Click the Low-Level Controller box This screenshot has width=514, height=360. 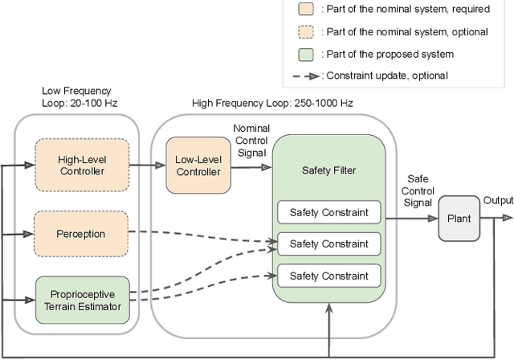(x=198, y=165)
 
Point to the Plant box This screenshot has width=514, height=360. (x=458, y=217)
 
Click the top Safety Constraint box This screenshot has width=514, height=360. (x=328, y=212)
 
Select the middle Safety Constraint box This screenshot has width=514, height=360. (x=328, y=243)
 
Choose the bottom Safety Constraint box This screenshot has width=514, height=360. (x=328, y=276)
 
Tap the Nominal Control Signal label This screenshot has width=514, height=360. (x=251, y=140)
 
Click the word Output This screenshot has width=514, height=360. (x=498, y=200)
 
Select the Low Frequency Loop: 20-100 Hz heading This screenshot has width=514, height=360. (x=76, y=96)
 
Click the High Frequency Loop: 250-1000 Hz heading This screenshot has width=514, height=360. (x=272, y=104)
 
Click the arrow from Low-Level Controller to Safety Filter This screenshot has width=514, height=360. (x=251, y=165)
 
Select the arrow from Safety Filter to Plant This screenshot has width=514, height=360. (x=410, y=217)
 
